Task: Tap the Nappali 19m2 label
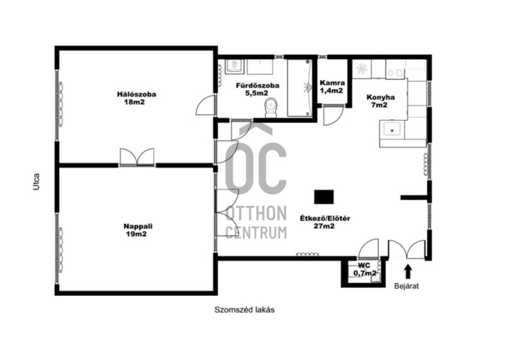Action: (x=138, y=230)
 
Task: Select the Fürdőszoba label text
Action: (x=258, y=86)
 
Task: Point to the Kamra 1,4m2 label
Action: (x=332, y=86)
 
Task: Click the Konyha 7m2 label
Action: (x=380, y=101)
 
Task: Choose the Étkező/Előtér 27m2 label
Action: (x=325, y=222)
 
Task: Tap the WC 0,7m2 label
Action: (x=364, y=269)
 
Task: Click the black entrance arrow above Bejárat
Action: (x=408, y=271)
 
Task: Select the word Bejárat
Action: (x=407, y=287)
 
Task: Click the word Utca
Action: (x=36, y=181)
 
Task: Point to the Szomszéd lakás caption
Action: (x=244, y=310)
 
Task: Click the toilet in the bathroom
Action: (x=271, y=108)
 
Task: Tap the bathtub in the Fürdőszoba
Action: (x=300, y=87)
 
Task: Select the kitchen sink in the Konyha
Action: (x=392, y=130)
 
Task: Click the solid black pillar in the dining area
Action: (x=324, y=197)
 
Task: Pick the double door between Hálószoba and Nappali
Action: (x=137, y=157)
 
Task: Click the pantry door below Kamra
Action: (x=333, y=116)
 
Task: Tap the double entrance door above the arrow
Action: (x=407, y=250)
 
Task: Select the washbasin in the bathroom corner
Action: (x=234, y=66)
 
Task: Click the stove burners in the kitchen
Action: (x=395, y=73)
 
